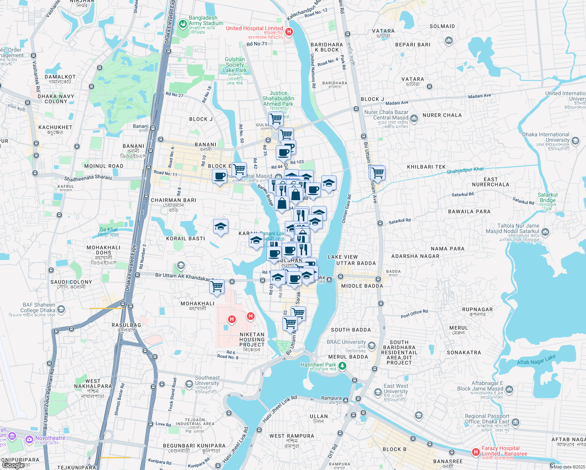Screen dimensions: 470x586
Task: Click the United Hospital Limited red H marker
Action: click(x=289, y=32)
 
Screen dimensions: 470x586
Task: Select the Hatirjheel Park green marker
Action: click(x=342, y=366)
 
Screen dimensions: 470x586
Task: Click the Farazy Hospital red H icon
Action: click(x=476, y=452)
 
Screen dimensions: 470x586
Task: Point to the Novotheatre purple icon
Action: click(x=29, y=439)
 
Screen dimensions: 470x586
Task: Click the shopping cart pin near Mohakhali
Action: click(x=217, y=287)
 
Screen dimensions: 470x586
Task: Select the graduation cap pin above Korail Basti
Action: click(x=221, y=226)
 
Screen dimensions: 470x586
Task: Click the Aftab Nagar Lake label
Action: click(x=536, y=360)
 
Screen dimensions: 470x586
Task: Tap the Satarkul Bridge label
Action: click(x=547, y=197)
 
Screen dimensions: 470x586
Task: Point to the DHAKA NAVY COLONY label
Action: click(x=56, y=99)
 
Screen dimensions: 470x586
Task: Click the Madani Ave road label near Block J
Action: click(x=396, y=103)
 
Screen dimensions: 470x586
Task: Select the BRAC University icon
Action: click(x=372, y=345)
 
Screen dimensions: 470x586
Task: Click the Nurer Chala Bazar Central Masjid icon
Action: click(x=414, y=118)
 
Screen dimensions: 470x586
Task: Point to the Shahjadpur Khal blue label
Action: click(x=465, y=170)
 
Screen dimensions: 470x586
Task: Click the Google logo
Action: click(x=13, y=465)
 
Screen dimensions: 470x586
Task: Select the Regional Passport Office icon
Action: click(x=515, y=422)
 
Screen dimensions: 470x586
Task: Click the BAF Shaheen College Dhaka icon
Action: click(x=61, y=309)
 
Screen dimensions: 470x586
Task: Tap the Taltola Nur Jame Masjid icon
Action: click(x=545, y=232)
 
